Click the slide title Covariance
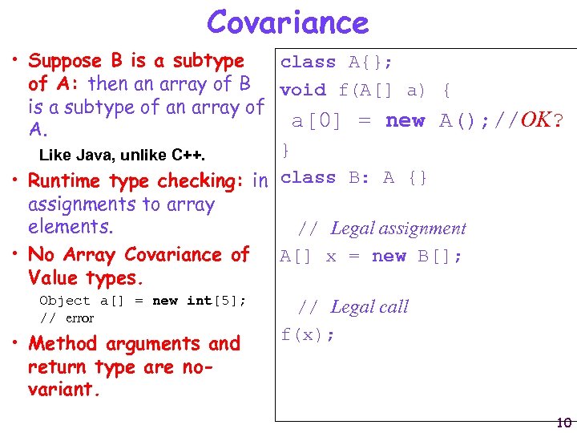288,22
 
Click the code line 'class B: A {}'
354,177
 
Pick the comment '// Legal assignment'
381,229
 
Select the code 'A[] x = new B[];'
369,257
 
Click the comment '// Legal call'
353,306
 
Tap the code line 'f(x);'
308,334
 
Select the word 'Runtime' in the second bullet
66,181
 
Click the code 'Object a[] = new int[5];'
143,301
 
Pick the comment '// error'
67,318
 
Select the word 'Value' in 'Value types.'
53,278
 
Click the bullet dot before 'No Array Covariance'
16,255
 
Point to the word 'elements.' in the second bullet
71,227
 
